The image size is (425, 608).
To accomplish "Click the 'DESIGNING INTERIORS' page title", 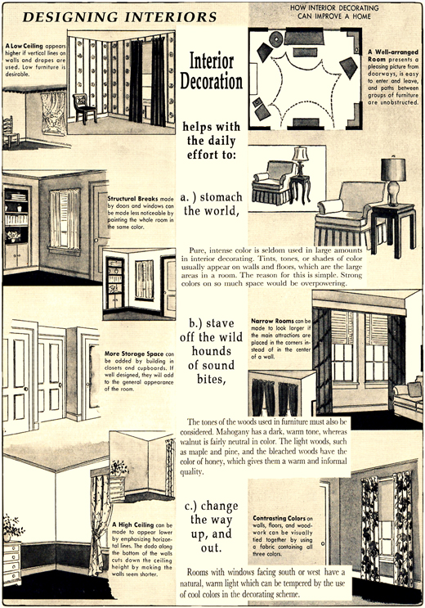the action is (119, 17).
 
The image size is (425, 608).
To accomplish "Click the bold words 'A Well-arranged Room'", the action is (393, 56).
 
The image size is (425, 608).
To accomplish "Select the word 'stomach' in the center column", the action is (221, 197).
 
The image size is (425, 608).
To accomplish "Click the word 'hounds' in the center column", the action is (211, 351).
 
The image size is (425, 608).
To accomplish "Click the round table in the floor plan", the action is (276, 38).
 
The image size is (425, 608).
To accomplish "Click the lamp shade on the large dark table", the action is (393, 169).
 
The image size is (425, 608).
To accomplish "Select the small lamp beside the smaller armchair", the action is (300, 160).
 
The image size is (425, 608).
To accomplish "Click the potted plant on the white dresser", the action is (12, 526).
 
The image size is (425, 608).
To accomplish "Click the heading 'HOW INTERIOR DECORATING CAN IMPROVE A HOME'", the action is (334, 12).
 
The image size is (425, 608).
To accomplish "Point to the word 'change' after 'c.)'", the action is (220, 506).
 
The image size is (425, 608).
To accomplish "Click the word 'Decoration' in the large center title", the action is (211, 82).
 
